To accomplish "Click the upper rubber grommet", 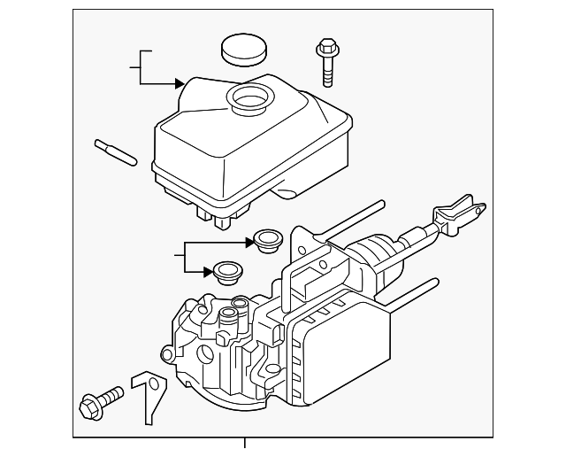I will tap(265, 239).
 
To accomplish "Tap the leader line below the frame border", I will tap(245, 446).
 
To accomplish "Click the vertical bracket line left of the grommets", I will tap(183, 255).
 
